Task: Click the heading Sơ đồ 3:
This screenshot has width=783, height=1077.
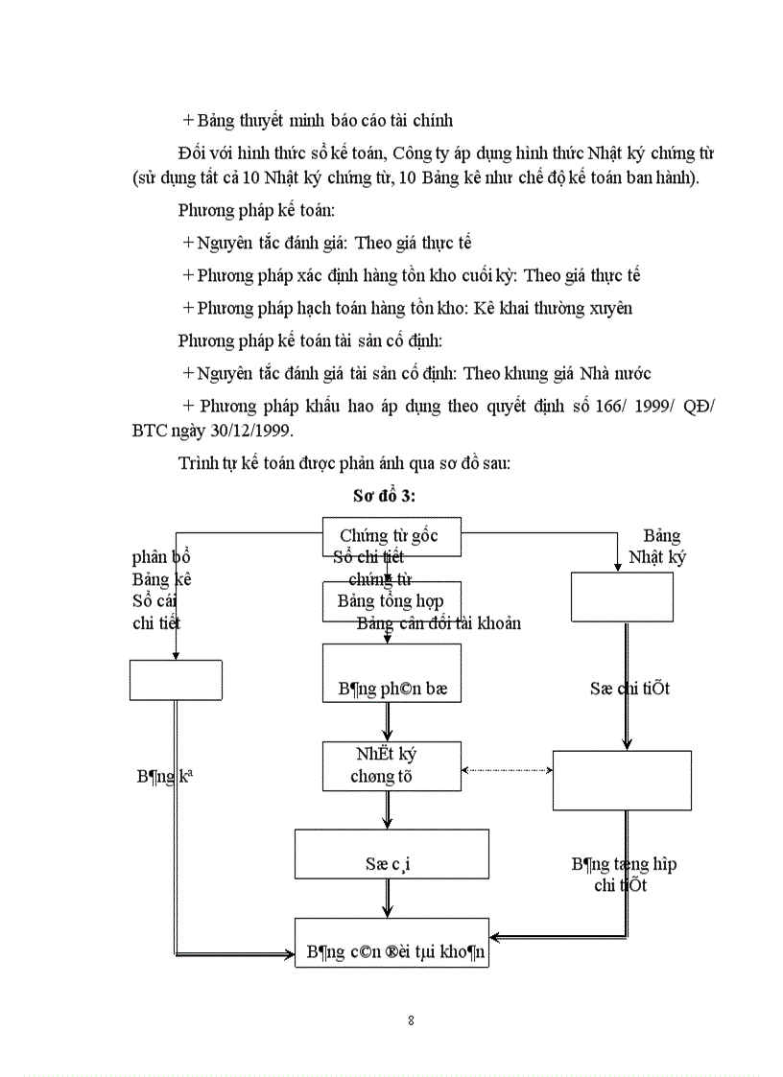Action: [x=384, y=496]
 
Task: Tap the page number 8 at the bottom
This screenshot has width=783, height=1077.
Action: [x=411, y=1019]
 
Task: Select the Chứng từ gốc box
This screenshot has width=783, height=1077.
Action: [x=391, y=536]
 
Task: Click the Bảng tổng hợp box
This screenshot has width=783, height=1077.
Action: [x=391, y=602]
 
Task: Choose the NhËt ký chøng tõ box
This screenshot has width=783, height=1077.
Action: [x=391, y=765]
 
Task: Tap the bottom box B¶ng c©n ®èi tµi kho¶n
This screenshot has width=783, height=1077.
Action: [x=391, y=943]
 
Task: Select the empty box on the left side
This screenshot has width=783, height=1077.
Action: [x=176, y=680]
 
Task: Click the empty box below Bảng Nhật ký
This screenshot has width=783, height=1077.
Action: [x=622, y=597]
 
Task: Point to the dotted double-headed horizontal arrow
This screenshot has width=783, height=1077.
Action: [x=507, y=770]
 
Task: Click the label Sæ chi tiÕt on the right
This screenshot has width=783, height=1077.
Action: [x=629, y=689]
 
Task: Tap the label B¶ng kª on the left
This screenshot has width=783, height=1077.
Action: [x=164, y=778]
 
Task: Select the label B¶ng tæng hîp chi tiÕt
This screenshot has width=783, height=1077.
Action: [x=623, y=874]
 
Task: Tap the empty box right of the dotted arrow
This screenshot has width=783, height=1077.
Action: [x=622, y=781]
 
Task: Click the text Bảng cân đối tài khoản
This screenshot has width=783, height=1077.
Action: [x=439, y=623]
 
